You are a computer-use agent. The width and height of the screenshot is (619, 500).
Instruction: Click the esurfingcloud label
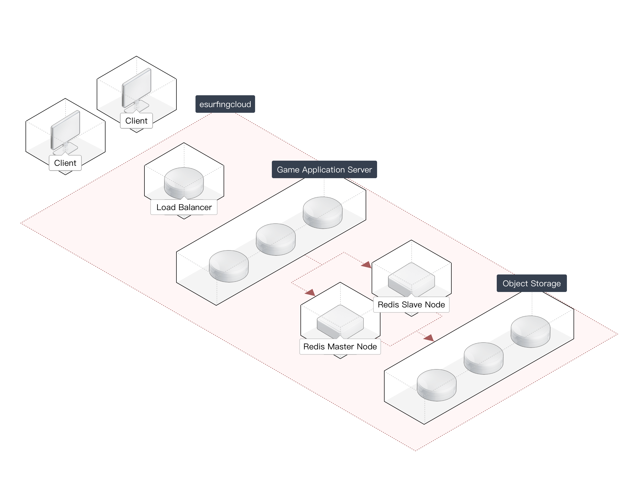(225, 104)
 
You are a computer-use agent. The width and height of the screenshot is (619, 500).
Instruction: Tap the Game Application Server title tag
(324, 169)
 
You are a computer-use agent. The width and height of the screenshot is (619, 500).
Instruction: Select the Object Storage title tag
(531, 283)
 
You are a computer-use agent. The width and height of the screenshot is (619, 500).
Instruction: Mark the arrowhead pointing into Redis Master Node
(310, 293)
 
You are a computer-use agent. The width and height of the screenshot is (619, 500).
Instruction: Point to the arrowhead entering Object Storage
(429, 338)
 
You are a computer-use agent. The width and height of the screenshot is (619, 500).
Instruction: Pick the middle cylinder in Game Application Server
(275, 239)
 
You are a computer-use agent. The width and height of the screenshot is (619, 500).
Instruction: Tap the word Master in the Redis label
(340, 347)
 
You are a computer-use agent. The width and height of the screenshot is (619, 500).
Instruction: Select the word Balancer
(195, 207)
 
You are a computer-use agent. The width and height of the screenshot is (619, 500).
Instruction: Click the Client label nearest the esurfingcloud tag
(136, 121)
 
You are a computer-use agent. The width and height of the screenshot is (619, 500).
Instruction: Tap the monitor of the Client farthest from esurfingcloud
(66, 130)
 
